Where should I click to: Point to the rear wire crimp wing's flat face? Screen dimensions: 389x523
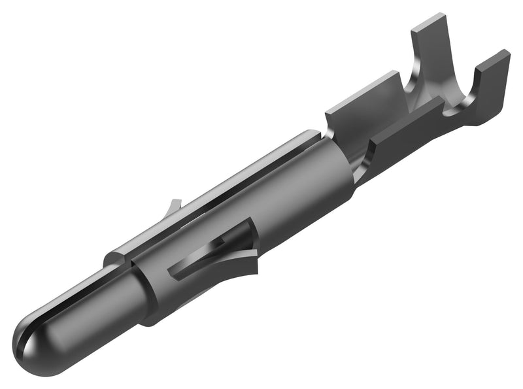(363, 105)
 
